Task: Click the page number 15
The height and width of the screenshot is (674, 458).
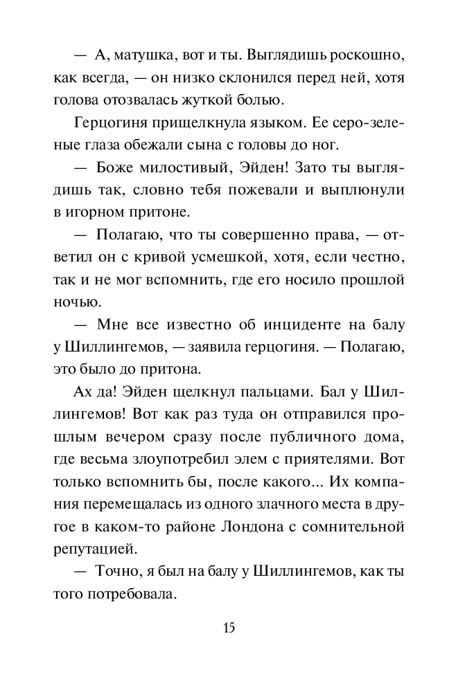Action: (229, 628)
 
